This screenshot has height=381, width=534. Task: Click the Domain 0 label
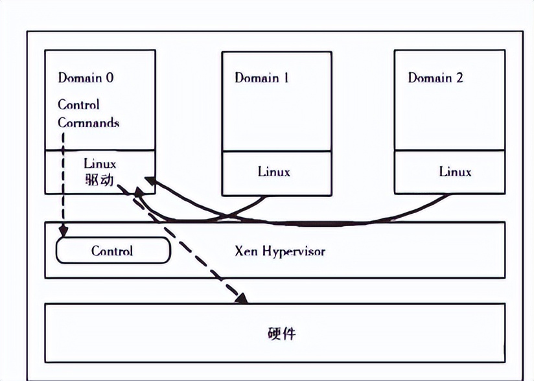86,78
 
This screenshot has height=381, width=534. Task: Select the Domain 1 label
262,78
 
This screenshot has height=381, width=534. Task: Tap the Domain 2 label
435,78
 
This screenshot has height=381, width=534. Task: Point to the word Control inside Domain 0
78,104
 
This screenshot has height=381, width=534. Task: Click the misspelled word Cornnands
88,122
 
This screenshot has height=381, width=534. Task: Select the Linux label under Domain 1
273,172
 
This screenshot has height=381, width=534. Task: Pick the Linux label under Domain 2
455,172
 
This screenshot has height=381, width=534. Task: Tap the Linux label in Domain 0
100,164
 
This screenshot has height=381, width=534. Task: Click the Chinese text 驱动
99,181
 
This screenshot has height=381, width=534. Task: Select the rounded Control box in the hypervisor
113,251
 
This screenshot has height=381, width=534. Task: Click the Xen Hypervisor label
280,251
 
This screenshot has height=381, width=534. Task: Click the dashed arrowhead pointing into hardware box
242,299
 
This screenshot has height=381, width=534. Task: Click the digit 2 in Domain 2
459,78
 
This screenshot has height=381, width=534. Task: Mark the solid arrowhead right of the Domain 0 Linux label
149,179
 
